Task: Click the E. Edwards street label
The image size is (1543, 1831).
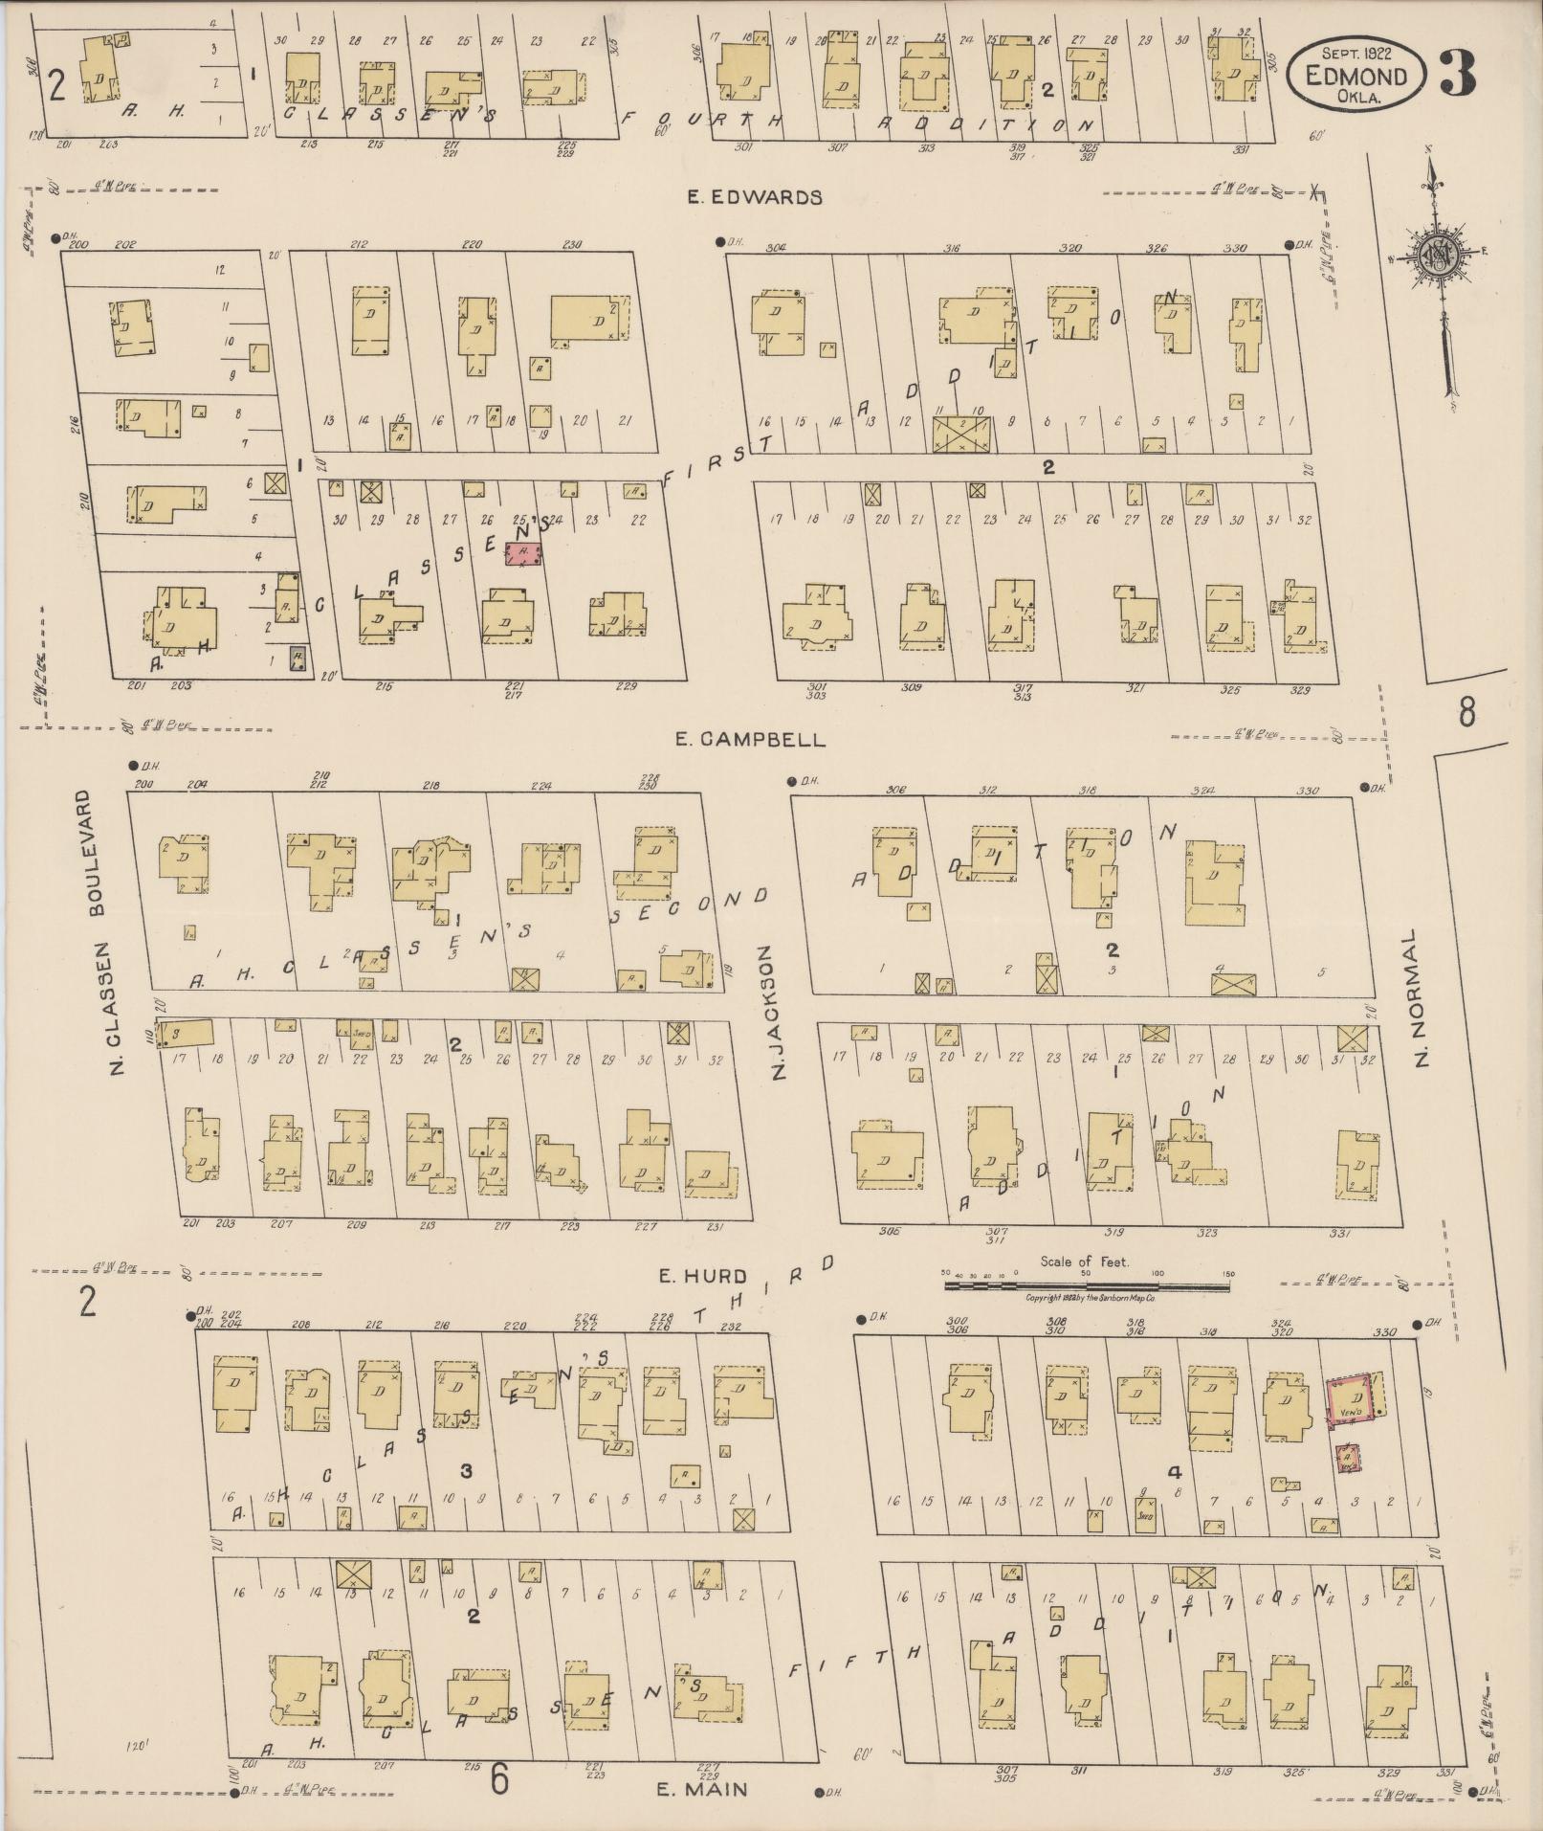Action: tap(755, 197)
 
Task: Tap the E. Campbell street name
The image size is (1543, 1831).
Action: tap(749, 740)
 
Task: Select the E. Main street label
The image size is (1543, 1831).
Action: tap(702, 1788)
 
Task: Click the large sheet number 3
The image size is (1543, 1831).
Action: tap(1457, 72)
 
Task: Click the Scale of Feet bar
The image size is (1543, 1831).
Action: tap(1088, 1286)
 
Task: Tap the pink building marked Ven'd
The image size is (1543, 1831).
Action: tap(1349, 1402)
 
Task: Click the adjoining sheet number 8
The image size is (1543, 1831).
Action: tap(1466, 712)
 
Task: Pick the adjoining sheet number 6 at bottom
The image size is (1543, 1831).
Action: tap(499, 1779)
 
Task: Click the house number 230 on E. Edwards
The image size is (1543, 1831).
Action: tap(572, 244)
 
